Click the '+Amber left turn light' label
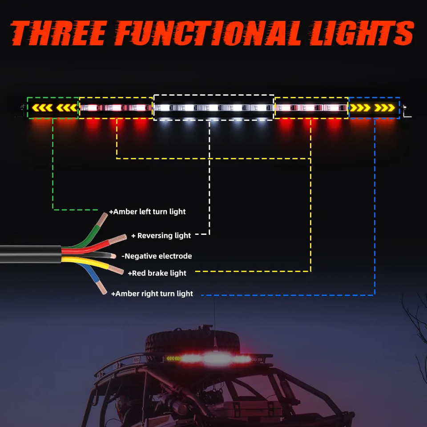click(147, 212)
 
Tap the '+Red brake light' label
click(157, 273)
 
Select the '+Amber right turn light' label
click(152, 294)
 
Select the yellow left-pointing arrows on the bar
click(53, 107)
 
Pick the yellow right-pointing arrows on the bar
click(374, 107)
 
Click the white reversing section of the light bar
click(213, 108)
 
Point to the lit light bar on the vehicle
click(209, 358)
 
